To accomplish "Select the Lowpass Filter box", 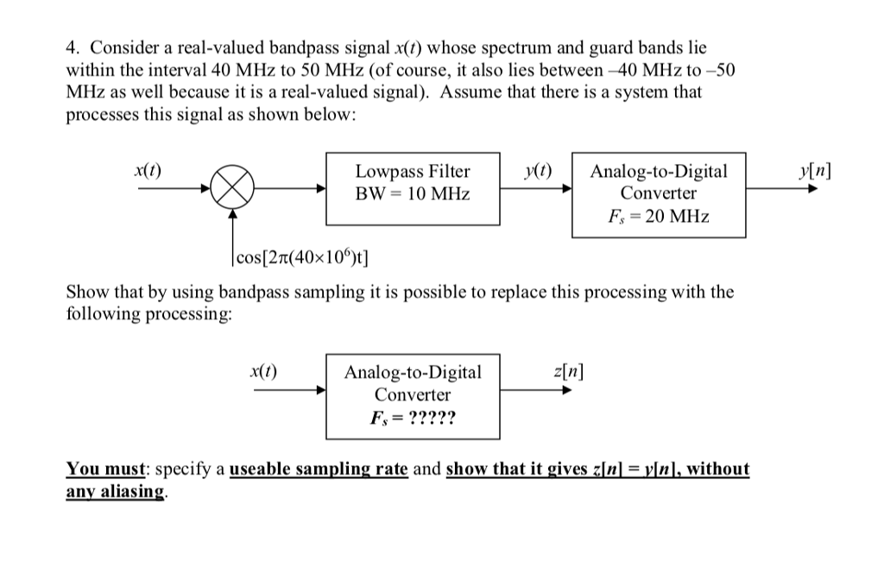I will coord(413,189).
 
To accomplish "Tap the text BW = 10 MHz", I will coord(413,194).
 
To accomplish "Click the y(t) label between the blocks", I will coord(539,170).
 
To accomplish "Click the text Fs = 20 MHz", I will coord(659,216).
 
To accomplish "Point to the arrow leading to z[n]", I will coord(535,390).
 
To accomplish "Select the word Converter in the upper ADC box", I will coord(659,193).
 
